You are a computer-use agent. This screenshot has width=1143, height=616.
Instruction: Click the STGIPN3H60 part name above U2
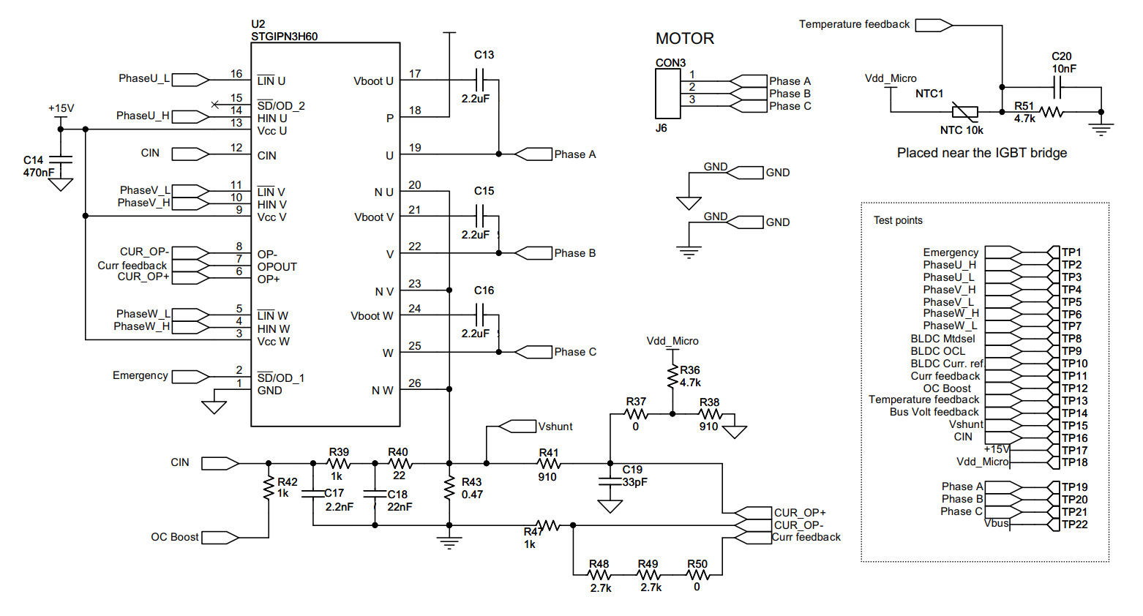tap(284, 37)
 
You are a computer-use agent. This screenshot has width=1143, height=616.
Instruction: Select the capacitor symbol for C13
tap(480, 80)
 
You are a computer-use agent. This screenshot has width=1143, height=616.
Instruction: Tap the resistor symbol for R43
tap(449, 489)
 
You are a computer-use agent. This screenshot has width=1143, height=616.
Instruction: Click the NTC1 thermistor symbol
tap(964, 112)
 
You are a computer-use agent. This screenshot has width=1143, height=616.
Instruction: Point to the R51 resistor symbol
tap(1052, 112)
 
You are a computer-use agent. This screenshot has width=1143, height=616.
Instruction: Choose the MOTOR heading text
tap(684, 39)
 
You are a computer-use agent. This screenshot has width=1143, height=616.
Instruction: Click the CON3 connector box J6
tap(667, 94)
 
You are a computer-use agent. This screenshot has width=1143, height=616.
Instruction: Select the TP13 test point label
tap(1074, 401)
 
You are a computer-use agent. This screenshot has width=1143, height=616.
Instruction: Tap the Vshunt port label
tap(555, 427)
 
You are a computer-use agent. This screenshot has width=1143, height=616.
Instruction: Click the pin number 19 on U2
tap(415, 148)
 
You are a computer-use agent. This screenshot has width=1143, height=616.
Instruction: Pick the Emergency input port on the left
tap(190, 377)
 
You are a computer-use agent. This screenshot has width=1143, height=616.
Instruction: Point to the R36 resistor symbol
tap(672, 377)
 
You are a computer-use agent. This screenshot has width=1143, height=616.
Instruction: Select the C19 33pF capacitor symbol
tap(610, 481)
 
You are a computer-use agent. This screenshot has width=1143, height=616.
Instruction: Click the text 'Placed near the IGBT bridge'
tap(981, 153)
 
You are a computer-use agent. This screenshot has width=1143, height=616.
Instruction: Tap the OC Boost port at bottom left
tap(220, 538)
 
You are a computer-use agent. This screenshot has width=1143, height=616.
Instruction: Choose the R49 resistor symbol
tap(649, 575)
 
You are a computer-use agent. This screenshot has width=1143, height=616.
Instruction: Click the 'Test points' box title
tap(898, 220)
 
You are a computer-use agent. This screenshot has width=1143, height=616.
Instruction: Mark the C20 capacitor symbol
tap(1056, 88)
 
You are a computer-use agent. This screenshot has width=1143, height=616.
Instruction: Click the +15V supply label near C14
tap(61, 108)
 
